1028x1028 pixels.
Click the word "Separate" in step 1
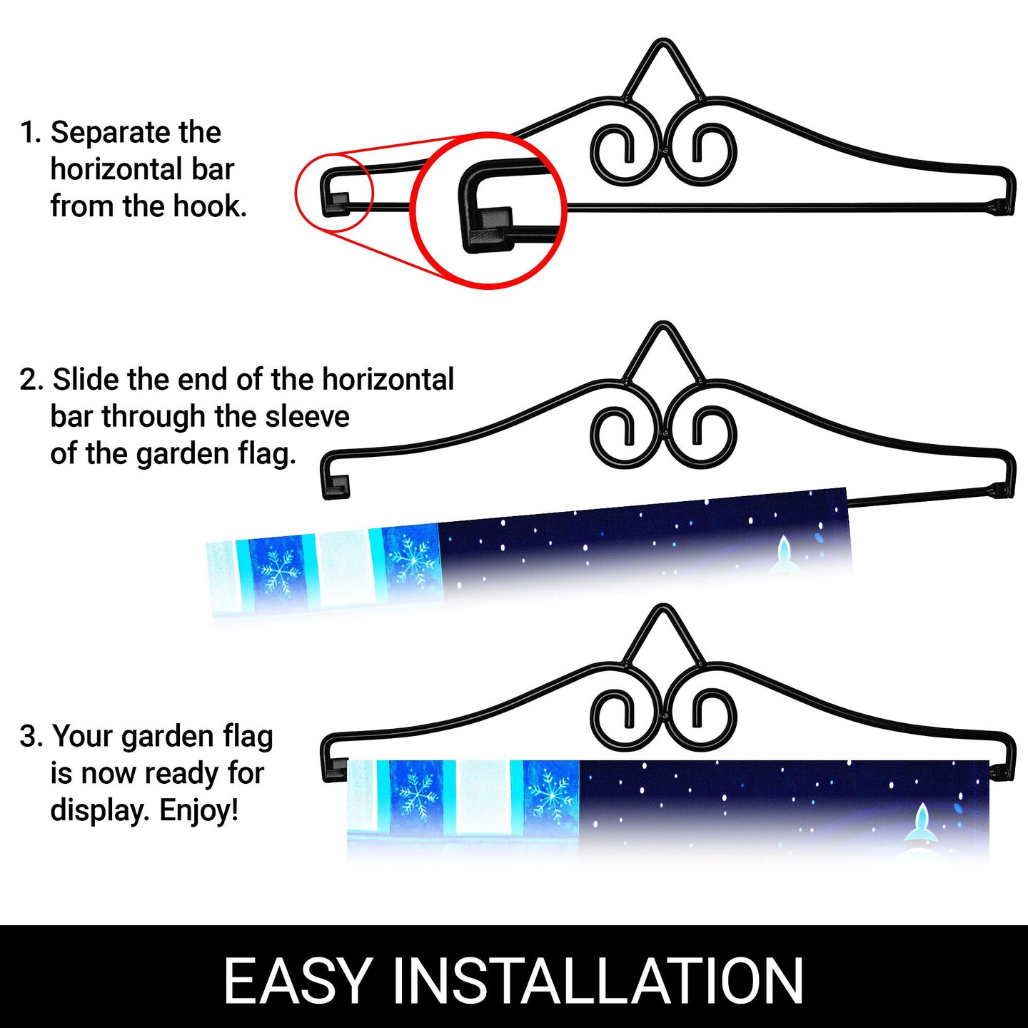coord(110,133)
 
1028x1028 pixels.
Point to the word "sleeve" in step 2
coord(307,417)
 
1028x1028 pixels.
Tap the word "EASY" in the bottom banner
coord(298,981)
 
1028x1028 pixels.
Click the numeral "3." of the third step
coord(31,736)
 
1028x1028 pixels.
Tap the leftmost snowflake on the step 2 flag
coord(276,572)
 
